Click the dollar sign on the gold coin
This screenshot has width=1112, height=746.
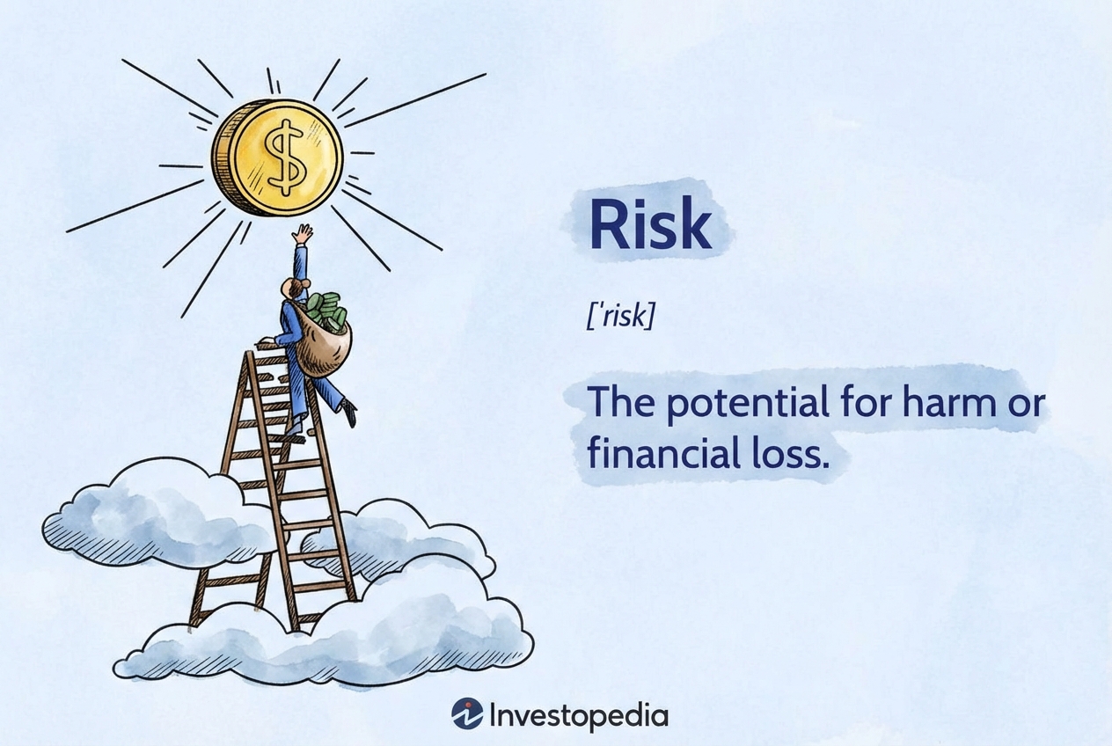284,157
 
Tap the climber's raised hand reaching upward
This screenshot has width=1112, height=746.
303,234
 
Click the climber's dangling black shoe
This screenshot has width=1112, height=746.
349,412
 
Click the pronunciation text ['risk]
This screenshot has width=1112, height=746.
620,316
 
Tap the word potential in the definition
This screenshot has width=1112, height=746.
748,403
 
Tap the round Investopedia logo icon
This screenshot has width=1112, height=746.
466,713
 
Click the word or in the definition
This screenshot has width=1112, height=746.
1027,405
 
